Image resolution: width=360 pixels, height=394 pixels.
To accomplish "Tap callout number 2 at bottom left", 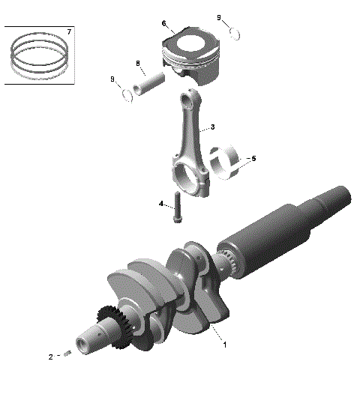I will [x=51, y=357].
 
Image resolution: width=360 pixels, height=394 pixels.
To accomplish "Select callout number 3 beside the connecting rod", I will [x=213, y=127].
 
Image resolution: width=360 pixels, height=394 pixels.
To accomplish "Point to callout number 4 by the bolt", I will [x=160, y=203].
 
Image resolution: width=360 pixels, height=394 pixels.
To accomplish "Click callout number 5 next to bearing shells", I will [x=253, y=159].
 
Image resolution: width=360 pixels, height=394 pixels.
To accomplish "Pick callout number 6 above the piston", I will [x=163, y=23].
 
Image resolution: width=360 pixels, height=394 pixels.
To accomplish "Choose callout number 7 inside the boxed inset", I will [x=69, y=32].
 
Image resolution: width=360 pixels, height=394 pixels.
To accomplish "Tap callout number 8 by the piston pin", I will [x=138, y=63].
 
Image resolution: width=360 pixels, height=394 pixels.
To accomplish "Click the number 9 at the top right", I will [x=219, y=17].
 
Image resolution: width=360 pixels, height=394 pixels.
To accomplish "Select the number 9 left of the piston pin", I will [x=112, y=79].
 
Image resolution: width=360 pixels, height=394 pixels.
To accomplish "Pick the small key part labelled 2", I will [x=66, y=354].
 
